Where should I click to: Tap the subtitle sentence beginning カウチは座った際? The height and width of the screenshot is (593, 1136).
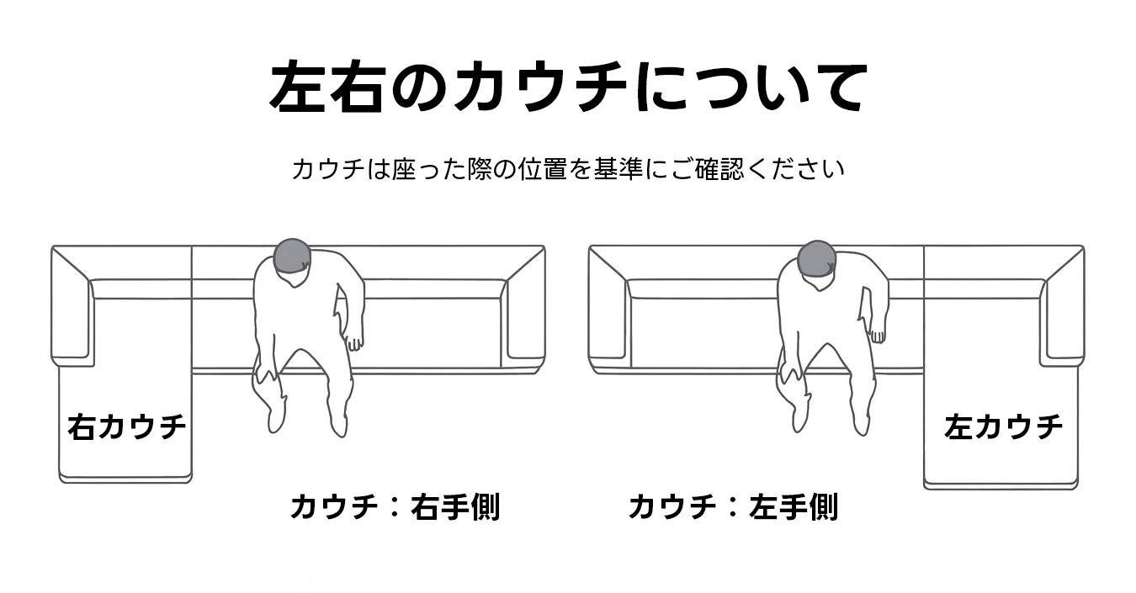[568, 169]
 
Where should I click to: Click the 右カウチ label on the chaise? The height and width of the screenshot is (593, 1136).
[126, 426]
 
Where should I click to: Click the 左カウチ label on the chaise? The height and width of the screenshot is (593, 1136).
[1003, 426]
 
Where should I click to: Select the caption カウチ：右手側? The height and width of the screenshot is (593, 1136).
[395, 507]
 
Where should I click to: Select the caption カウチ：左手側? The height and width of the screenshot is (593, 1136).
[733, 507]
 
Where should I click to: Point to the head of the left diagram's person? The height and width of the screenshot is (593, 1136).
[293, 257]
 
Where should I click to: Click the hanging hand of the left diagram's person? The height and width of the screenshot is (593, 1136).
[354, 342]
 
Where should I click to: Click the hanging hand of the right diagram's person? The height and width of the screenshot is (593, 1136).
[878, 335]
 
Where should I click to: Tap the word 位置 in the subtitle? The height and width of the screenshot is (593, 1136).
[543, 169]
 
